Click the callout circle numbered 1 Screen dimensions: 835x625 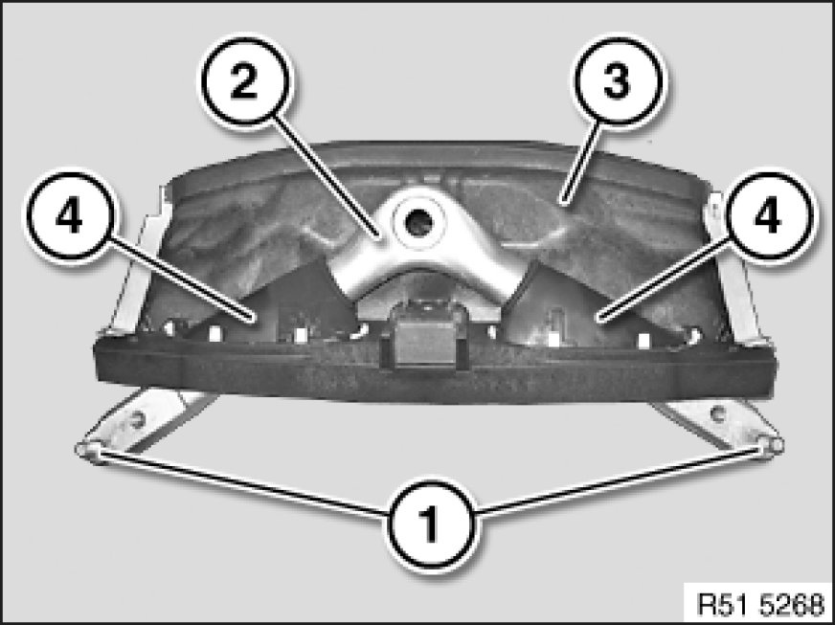pyautogui.click(x=431, y=525)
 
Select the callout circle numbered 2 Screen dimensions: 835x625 pyautogui.click(x=245, y=82)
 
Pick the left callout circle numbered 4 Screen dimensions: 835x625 pyautogui.click(x=70, y=215)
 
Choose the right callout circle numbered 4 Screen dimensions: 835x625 pyautogui.click(x=767, y=215)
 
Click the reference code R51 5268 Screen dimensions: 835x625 pyautogui.click(x=760, y=604)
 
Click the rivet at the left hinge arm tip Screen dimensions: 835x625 pyautogui.click(x=89, y=451)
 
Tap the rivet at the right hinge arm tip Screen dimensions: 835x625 pyautogui.click(x=771, y=445)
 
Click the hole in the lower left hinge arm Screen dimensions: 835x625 pyautogui.click(x=139, y=420)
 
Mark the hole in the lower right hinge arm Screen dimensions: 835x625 pyautogui.click(x=717, y=413)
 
